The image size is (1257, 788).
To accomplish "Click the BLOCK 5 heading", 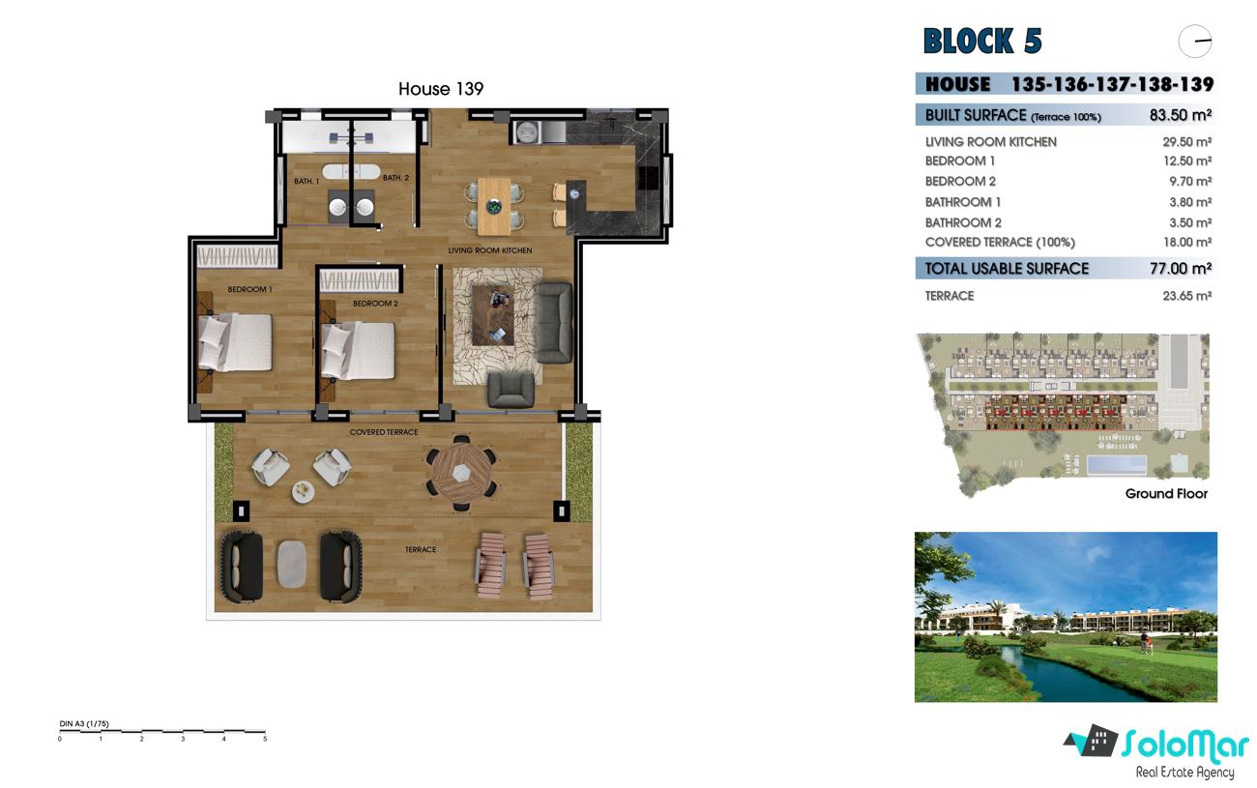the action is [x=982, y=41].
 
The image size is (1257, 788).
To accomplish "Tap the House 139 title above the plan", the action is [x=441, y=89].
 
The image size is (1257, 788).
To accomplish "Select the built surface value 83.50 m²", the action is [x=1180, y=115].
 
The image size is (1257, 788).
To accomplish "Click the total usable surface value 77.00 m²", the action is [x=1181, y=269].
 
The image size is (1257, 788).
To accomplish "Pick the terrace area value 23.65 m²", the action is [x=1186, y=296].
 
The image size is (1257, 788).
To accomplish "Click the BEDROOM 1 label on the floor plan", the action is [x=249, y=290].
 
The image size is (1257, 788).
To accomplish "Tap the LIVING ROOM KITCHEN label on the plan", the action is [x=490, y=250].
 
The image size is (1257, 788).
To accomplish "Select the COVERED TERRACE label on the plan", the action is [x=384, y=432].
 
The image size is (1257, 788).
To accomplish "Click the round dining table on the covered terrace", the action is [x=461, y=473].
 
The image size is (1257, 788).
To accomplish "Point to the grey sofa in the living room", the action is [x=554, y=323].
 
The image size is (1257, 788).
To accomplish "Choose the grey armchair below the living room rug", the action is [x=511, y=389].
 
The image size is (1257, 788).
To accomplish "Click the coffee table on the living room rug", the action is [x=493, y=315].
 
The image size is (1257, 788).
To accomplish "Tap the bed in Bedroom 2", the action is [x=358, y=350].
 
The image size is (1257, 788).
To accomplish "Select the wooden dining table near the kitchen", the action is [x=494, y=207].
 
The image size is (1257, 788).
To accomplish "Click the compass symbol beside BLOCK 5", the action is [x=1195, y=41].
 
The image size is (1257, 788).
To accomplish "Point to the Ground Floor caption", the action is [x=1166, y=494].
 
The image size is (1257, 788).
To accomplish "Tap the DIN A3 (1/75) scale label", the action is [x=84, y=723].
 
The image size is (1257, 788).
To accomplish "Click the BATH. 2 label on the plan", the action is [x=396, y=178].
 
